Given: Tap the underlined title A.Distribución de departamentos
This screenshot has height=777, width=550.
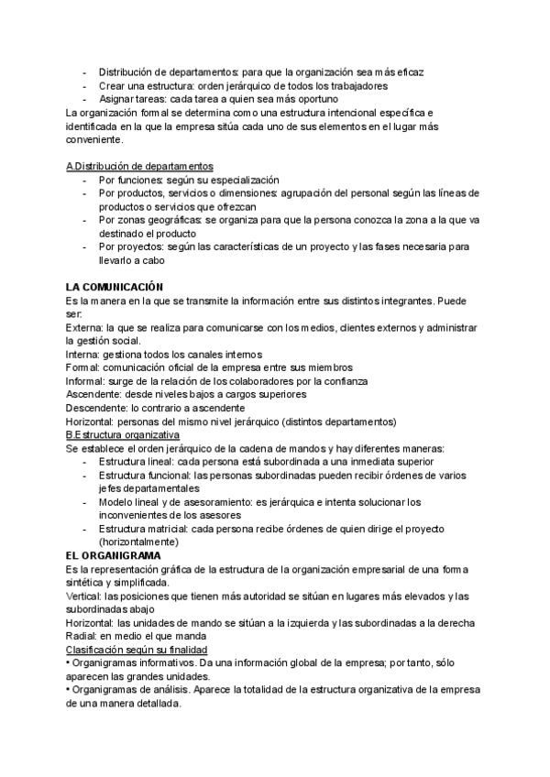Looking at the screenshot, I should coord(140,166).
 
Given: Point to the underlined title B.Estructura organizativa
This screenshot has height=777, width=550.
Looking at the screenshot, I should coord(123,434).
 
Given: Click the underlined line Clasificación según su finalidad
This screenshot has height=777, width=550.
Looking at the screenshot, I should coord(137,650).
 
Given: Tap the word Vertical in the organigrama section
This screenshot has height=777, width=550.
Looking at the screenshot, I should coord(84,596).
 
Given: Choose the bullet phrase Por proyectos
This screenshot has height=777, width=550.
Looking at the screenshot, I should coord(133,246).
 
